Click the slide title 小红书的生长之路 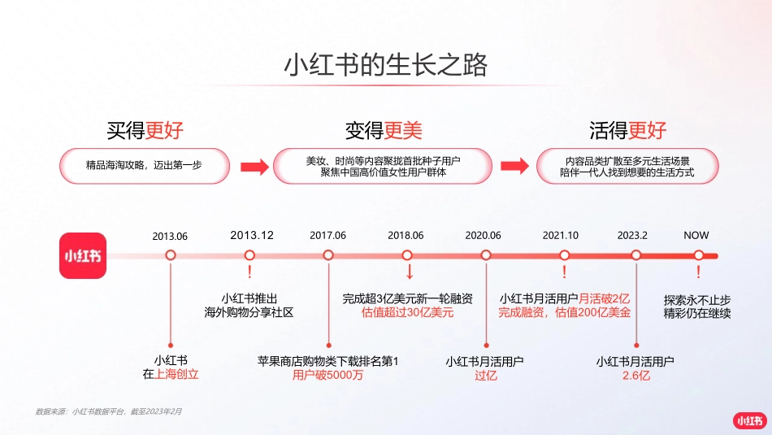[x=385, y=66]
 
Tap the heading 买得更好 [x=145, y=130]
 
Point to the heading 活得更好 [x=627, y=130]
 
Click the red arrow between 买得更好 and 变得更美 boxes [x=254, y=167]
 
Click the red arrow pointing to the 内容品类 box [x=514, y=167]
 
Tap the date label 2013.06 [x=170, y=236]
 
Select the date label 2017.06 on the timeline [x=327, y=236]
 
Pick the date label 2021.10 [x=561, y=236]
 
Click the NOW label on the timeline [x=696, y=235]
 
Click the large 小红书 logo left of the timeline [x=83, y=255]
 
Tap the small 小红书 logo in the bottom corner [x=748, y=420]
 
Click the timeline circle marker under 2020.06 [x=485, y=255]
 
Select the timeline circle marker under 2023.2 [x=636, y=255]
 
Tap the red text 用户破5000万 [x=327, y=376]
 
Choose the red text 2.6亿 [x=636, y=376]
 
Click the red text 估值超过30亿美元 [x=408, y=312]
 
